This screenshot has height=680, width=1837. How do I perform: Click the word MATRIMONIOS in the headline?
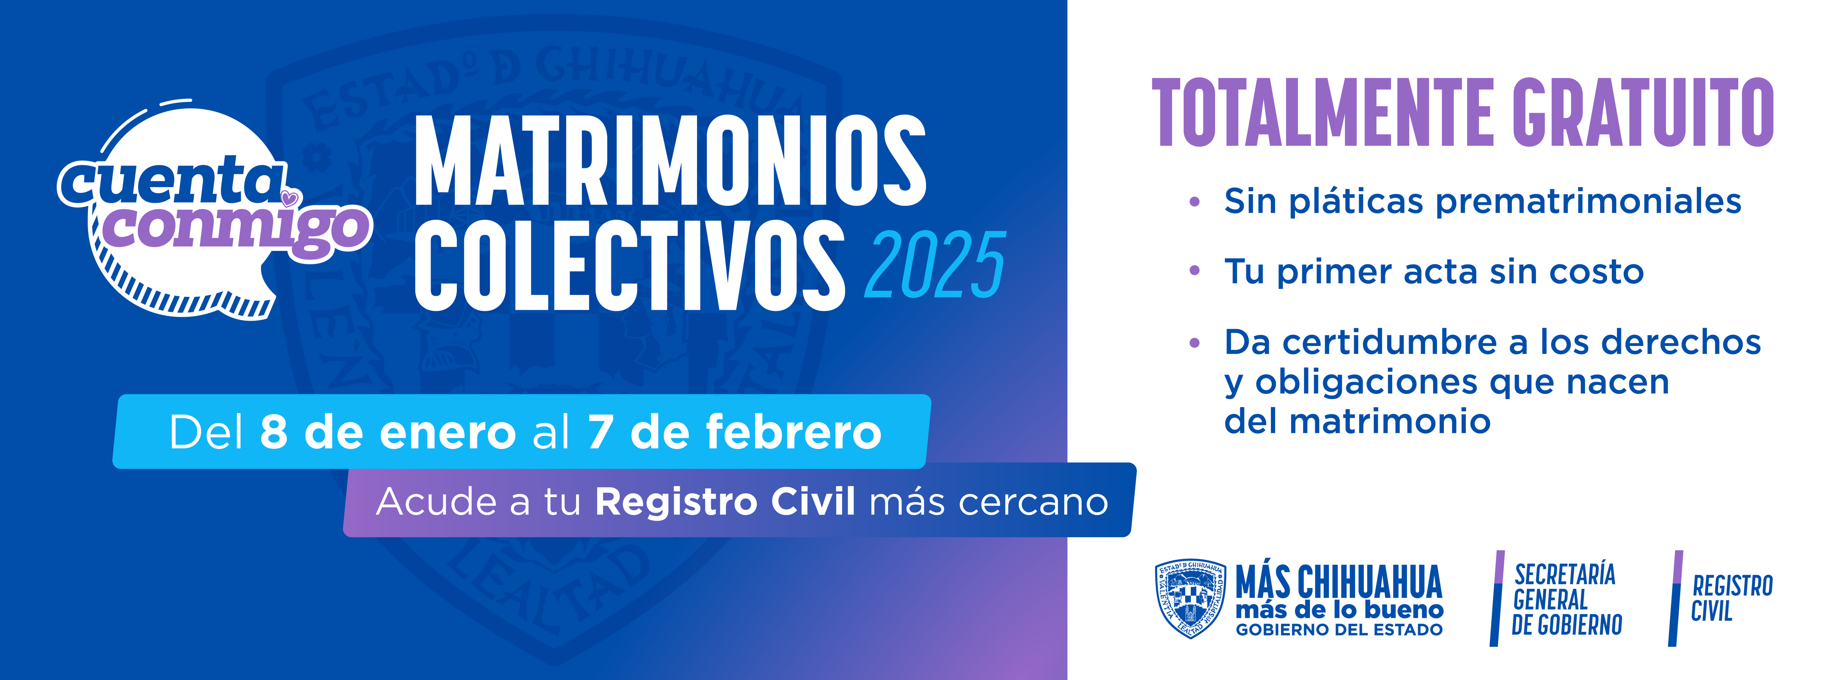pyautogui.click(x=670, y=161)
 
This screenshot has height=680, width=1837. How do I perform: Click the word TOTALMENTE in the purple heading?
pyautogui.click(x=1323, y=113)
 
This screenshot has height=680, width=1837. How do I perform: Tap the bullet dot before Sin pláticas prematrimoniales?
pyautogui.click(x=1195, y=202)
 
